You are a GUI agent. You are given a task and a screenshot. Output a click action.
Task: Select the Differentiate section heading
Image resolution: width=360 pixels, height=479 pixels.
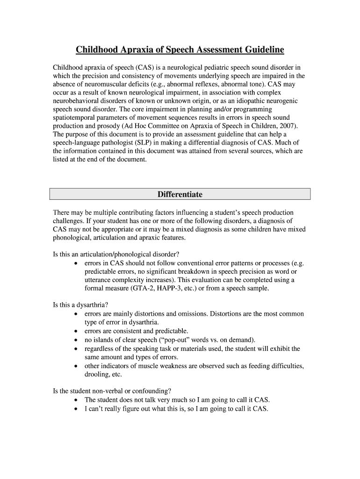(180, 194)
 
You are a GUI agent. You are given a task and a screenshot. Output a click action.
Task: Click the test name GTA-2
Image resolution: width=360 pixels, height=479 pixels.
(144, 288)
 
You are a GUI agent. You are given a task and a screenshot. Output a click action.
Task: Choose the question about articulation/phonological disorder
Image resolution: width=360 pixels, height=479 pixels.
(116, 254)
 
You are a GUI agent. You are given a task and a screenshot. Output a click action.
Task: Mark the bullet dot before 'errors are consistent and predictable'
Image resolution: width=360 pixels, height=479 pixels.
(76, 331)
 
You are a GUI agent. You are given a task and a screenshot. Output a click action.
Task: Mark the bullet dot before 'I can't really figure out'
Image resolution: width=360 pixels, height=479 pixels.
(76, 408)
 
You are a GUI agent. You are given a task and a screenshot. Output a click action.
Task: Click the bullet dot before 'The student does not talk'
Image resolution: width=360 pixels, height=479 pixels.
(76, 400)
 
